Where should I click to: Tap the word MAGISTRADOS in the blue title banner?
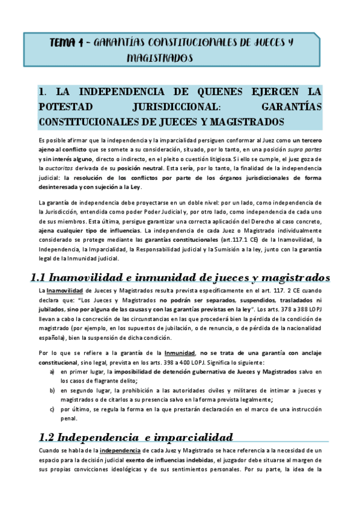pyautogui.click(x=160, y=58)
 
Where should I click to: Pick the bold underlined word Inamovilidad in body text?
pyautogui.click(x=66, y=290)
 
